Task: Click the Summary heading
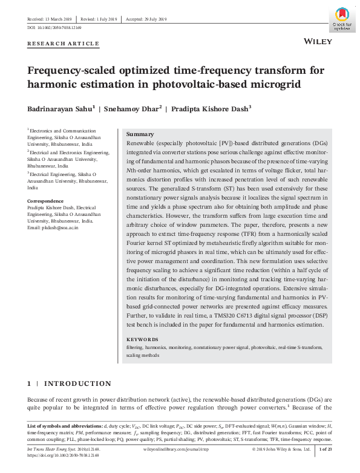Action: point(140,134)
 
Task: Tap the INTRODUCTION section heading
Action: point(78,383)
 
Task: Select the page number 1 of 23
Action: point(324,450)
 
